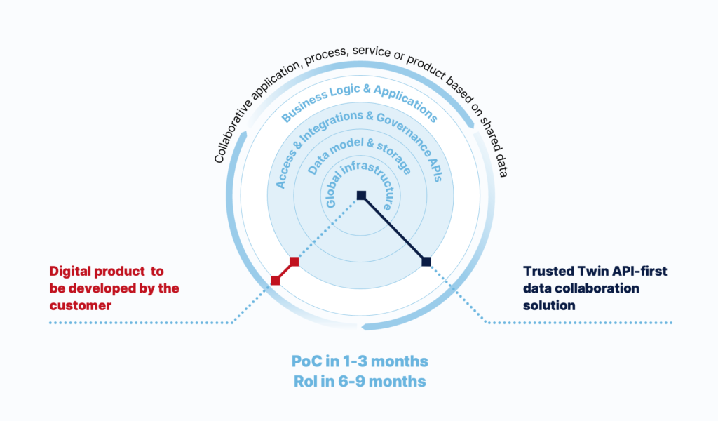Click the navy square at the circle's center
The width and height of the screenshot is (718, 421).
[x=361, y=196]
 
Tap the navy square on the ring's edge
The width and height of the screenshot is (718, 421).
[x=426, y=262]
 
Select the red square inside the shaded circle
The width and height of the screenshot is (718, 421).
[x=294, y=262]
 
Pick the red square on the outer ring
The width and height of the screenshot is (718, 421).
[x=275, y=281]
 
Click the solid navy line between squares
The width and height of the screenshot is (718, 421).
[x=394, y=229]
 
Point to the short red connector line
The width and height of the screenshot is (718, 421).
[x=285, y=272]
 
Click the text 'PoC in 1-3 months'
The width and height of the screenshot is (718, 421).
[x=360, y=361]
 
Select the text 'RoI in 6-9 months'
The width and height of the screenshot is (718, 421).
[x=360, y=381]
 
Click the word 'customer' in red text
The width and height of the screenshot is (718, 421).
[x=81, y=305]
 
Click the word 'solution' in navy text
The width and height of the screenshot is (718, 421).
[x=549, y=305]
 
